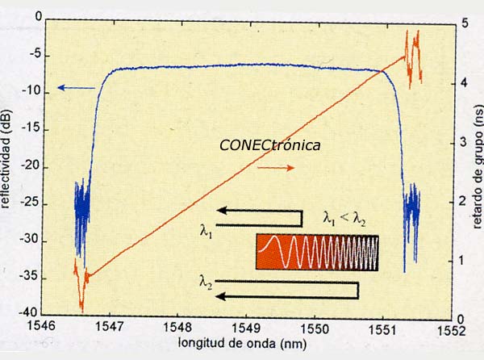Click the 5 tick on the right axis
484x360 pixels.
click(x=462, y=23)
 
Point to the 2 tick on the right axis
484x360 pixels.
click(x=462, y=201)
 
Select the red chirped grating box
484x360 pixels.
click(x=317, y=252)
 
